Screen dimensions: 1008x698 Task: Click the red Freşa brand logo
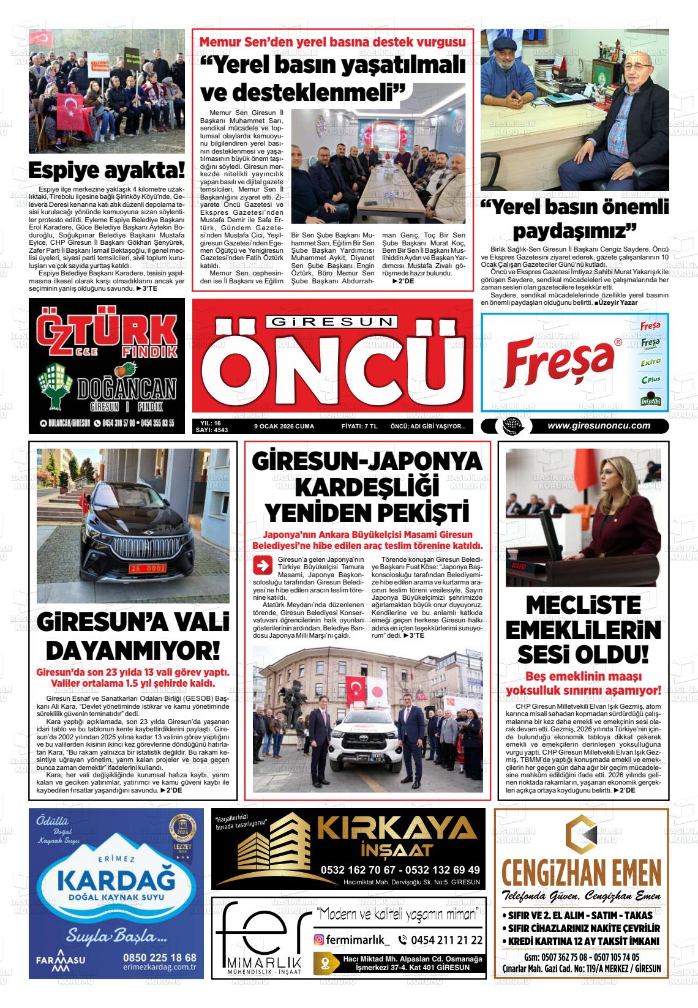558,360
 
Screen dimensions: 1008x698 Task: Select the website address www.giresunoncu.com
598,427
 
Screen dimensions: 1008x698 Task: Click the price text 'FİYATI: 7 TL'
359,427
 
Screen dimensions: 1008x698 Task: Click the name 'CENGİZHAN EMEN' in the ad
580,871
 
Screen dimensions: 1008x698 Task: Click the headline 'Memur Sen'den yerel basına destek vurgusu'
333,43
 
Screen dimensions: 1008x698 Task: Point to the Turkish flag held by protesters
72,110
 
